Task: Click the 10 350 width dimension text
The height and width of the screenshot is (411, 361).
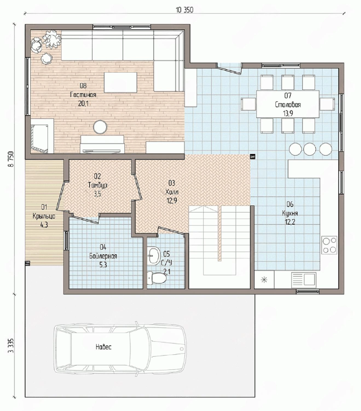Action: (x=184, y=10)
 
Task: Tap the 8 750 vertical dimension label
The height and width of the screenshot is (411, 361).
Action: (x=11, y=159)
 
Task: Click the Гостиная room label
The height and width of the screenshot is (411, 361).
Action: (x=83, y=95)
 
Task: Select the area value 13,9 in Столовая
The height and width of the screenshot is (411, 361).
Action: (x=288, y=113)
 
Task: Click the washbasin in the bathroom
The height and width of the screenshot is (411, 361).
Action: (x=154, y=256)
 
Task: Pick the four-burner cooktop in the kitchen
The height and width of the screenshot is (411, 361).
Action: (x=329, y=245)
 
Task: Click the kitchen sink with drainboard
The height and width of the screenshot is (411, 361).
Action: (x=304, y=280)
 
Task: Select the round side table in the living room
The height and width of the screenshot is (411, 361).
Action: (x=100, y=127)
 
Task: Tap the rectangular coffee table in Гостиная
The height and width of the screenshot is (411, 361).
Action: (x=121, y=82)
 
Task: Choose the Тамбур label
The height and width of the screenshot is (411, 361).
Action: (x=97, y=185)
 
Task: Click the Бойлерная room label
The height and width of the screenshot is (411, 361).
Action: (x=103, y=256)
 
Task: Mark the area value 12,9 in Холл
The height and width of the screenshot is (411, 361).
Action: (x=172, y=201)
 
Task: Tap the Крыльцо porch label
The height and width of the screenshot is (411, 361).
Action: (x=44, y=216)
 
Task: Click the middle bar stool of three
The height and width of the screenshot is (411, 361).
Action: (x=310, y=149)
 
